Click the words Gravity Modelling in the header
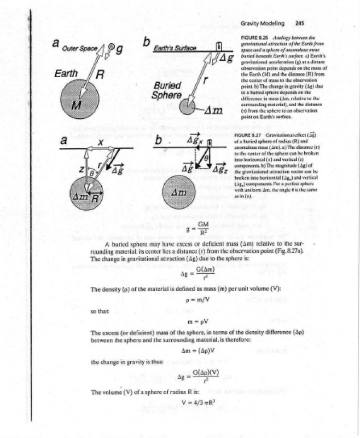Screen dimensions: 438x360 point(263,24)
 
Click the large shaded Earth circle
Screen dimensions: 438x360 point(80,101)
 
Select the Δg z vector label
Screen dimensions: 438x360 point(221,168)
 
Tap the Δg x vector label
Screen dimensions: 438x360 point(195,141)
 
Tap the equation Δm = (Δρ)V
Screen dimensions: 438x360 point(195,351)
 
